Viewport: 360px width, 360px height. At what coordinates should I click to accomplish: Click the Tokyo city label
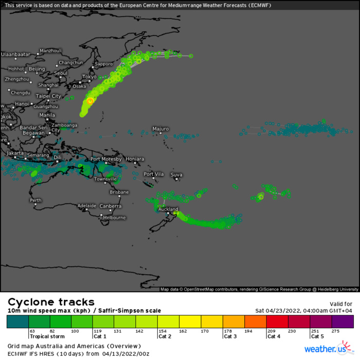point(89,77)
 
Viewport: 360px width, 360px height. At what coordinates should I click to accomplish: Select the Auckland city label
point(168,209)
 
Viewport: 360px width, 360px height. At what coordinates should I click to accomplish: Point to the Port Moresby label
point(105,159)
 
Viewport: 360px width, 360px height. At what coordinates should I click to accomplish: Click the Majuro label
point(160,129)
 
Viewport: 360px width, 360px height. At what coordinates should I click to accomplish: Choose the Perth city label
point(36,200)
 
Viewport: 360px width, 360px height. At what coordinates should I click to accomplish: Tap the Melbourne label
point(114,218)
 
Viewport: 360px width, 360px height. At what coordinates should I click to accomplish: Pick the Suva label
point(176,175)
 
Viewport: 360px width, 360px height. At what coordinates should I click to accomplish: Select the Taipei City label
point(48,96)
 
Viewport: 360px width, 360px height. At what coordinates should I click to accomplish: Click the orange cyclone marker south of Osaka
point(90,101)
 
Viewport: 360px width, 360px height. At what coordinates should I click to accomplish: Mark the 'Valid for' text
point(340,304)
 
